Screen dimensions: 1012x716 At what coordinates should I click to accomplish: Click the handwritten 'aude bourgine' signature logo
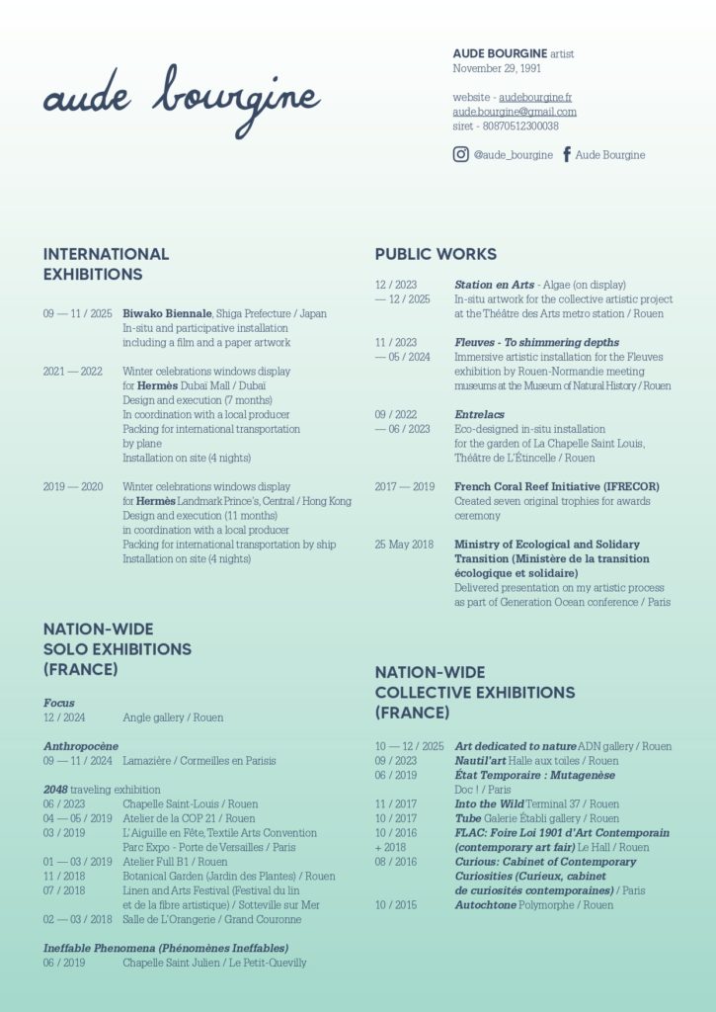182,100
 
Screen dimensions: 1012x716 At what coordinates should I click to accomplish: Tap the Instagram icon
461,154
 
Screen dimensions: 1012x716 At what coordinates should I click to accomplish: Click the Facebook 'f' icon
567,154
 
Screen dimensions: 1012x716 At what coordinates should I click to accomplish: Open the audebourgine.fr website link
535,98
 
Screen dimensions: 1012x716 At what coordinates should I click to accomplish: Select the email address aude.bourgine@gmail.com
515,112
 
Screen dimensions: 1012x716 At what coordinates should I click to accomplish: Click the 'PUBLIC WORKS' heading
436,254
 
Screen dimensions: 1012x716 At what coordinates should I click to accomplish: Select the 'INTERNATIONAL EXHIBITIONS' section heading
106,264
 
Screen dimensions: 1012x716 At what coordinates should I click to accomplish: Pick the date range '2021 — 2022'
72,372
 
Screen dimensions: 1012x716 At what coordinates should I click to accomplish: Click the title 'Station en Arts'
494,285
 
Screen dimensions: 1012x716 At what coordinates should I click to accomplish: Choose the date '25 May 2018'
404,545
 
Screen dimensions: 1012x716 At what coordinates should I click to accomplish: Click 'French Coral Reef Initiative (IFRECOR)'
557,487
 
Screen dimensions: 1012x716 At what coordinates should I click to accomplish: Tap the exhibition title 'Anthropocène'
81,746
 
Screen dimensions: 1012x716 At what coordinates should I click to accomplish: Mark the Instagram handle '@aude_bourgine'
514,155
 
